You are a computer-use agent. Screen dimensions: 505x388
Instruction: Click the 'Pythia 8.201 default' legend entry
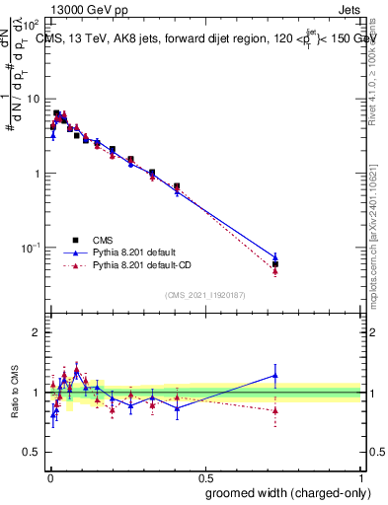[133, 252]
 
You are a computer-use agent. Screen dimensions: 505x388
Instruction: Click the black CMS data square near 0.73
[275, 264]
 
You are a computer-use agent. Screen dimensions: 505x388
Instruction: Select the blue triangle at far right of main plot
[275, 256]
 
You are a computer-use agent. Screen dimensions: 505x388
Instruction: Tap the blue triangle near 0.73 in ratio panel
[275, 375]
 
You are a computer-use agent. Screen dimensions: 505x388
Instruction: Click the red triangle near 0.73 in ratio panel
[275, 409]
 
